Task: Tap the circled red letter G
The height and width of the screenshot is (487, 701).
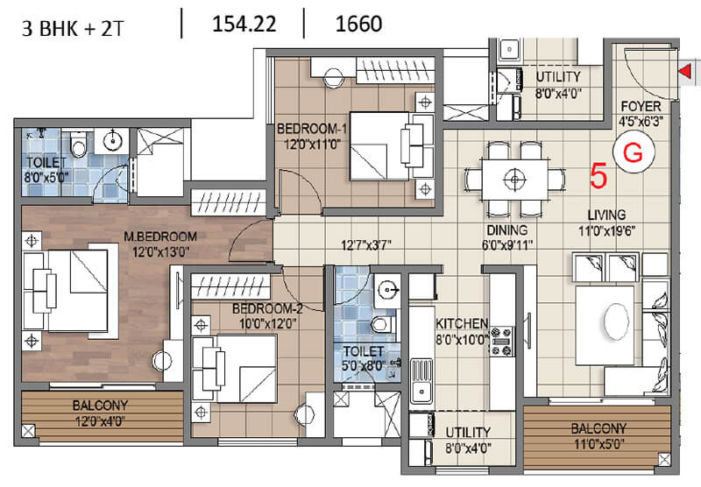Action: pos(633,152)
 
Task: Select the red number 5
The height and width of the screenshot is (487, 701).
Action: pos(599,176)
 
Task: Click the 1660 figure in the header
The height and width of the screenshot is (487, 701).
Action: pos(358,24)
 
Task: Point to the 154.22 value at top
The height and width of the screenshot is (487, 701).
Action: pos(244,24)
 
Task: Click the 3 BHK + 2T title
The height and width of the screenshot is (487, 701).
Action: pos(72,29)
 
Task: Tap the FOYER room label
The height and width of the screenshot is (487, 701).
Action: pos(641,106)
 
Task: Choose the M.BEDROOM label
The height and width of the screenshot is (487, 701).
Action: pos(160,236)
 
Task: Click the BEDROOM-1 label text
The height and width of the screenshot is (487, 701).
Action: pos(312,129)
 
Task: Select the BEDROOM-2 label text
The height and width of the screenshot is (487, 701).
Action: pos(267,308)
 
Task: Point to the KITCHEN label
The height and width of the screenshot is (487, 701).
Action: pos(462,323)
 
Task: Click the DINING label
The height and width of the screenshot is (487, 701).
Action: pos(507,230)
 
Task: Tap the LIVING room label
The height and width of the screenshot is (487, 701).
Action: pos(606,215)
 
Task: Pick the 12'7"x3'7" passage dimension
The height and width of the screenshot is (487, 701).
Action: pos(366,245)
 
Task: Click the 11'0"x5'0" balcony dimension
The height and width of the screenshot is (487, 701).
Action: pos(598,444)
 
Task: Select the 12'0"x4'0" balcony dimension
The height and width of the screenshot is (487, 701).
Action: pos(100,421)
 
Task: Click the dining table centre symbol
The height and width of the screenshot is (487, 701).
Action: pos(514,180)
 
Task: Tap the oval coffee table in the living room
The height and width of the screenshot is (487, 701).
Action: pos(616,321)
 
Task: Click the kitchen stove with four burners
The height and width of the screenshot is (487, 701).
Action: pos(501,342)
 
